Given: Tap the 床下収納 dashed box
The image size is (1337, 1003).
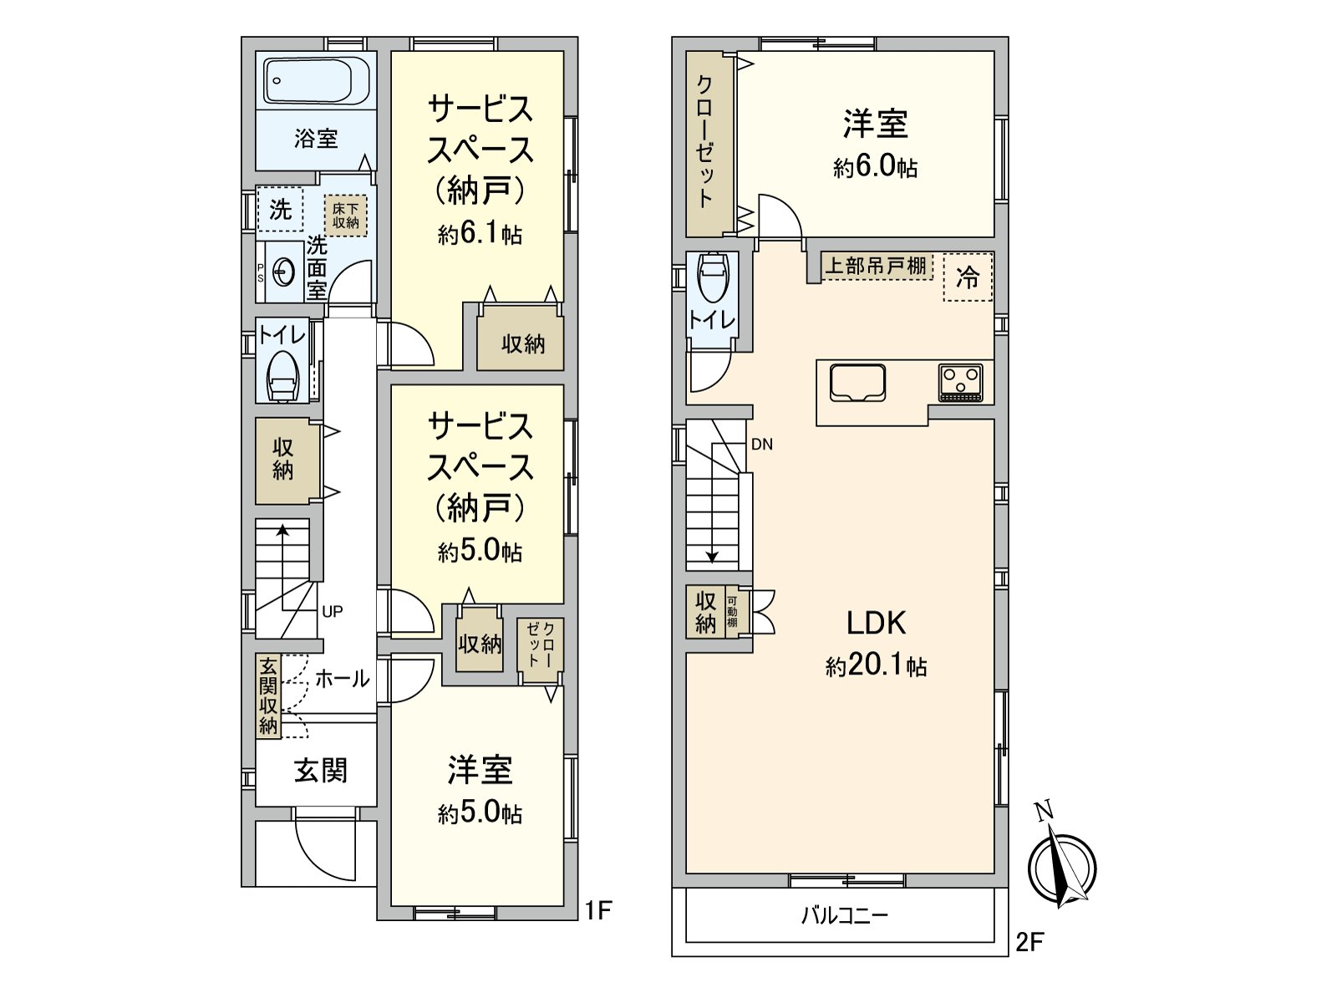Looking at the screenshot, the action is [345, 216].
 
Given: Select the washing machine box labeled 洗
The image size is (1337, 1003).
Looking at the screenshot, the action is [280, 210].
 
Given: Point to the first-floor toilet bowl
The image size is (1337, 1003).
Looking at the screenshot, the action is [283, 376].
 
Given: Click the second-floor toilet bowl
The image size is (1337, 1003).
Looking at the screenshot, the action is [712, 277].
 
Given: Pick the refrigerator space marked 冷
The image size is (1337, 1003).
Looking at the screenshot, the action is [968, 277].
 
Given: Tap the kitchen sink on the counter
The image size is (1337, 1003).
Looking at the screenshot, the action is [857, 383].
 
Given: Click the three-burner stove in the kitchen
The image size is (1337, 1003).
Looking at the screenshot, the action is [961, 383].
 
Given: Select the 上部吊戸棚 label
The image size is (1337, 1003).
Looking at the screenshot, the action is [875, 266].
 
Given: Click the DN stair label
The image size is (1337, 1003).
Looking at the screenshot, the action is [762, 445].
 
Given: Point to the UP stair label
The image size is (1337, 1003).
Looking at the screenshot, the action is [332, 612].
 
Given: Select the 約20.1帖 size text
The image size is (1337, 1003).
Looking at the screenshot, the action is [876, 666].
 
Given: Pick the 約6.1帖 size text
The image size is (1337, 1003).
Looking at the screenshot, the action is [480, 234].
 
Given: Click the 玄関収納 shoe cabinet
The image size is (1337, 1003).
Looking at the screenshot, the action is [268, 697].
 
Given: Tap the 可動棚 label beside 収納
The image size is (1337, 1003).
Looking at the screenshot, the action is [732, 611].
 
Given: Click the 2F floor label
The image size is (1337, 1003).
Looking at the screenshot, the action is [1029, 944].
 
